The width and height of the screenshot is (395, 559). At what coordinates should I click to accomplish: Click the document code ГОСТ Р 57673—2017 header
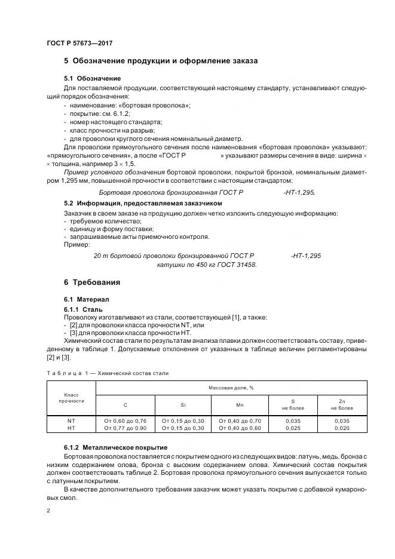point(79,44)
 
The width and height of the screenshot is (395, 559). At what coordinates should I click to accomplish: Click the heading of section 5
point(161,62)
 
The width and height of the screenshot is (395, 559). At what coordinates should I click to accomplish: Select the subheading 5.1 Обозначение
point(92,78)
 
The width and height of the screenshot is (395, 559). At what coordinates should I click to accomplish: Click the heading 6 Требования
point(92,282)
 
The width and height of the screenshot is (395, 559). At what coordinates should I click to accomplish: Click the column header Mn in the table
point(240,405)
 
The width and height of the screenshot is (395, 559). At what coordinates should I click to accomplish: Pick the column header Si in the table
point(183,405)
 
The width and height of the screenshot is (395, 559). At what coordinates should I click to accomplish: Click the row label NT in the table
point(71,420)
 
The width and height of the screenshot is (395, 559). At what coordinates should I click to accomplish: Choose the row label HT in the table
point(71,428)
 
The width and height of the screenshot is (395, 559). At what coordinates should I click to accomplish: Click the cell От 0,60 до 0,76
point(125,420)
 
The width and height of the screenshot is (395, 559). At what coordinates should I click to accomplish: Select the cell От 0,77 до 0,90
point(125,428)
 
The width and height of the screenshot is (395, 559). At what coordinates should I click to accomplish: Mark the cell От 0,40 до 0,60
point(240,428)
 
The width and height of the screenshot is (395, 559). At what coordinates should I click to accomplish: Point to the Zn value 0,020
point(342,428)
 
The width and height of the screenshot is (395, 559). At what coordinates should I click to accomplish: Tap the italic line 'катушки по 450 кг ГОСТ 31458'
point(207,264)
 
